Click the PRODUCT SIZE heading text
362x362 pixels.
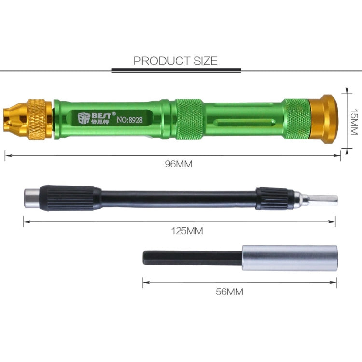[x=176, y=61]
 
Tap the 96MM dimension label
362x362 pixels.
[x=179, y=164]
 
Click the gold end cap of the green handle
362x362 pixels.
[x=323, y=119]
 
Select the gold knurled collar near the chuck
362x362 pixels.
[x=39, y=119]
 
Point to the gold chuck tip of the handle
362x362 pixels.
[x=14, y=119]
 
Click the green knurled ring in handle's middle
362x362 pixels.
[x=189, y=119]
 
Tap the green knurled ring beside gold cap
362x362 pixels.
[x=297, y=119]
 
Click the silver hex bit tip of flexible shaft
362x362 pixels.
[x=324, y=199]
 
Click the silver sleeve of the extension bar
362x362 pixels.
[x=288, y=258]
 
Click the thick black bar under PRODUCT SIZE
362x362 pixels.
[x=176, y=70]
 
